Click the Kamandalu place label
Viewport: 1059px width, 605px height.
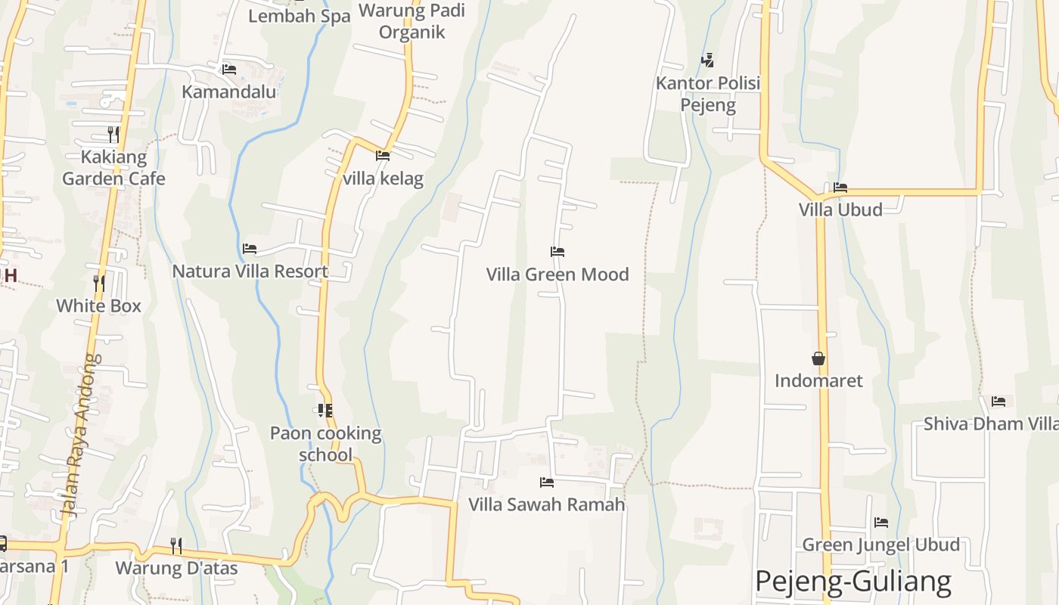(229, 92)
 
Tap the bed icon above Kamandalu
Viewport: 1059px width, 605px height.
(229, 70)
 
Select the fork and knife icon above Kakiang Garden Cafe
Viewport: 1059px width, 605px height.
(113, 135)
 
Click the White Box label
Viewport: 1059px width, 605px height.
(99, 306)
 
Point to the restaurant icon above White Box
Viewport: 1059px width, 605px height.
(99, 284)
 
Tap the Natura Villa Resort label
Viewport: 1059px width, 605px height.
(250, 271)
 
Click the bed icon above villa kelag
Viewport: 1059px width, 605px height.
(383, 156)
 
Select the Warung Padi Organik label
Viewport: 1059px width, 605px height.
(411, 21)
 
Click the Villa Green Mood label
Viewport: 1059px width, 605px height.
(557, 274)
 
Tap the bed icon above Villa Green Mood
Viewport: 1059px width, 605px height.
(557, 252)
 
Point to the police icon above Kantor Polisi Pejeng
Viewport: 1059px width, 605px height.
(708, 60)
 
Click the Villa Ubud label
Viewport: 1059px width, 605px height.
(840, 209)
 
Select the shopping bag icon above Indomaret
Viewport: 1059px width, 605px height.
(818, 358)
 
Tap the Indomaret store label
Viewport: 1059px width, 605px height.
(818, 380)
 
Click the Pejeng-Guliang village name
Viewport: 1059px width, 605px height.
(853, 581)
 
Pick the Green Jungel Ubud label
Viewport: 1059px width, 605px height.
(880, 544)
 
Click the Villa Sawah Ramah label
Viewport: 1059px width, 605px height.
(547, 504)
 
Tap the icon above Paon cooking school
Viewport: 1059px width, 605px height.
(325, 411)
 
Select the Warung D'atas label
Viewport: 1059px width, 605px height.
(176, 567)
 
